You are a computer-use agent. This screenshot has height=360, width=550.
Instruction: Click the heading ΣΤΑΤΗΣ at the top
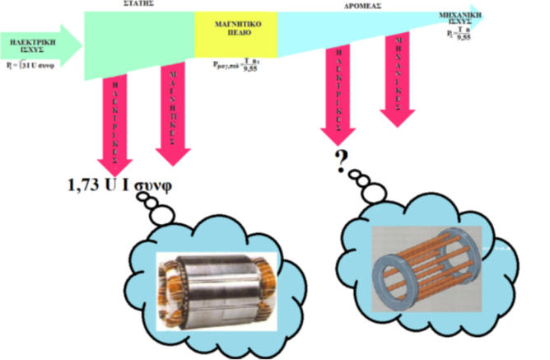tap(137, 4)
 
